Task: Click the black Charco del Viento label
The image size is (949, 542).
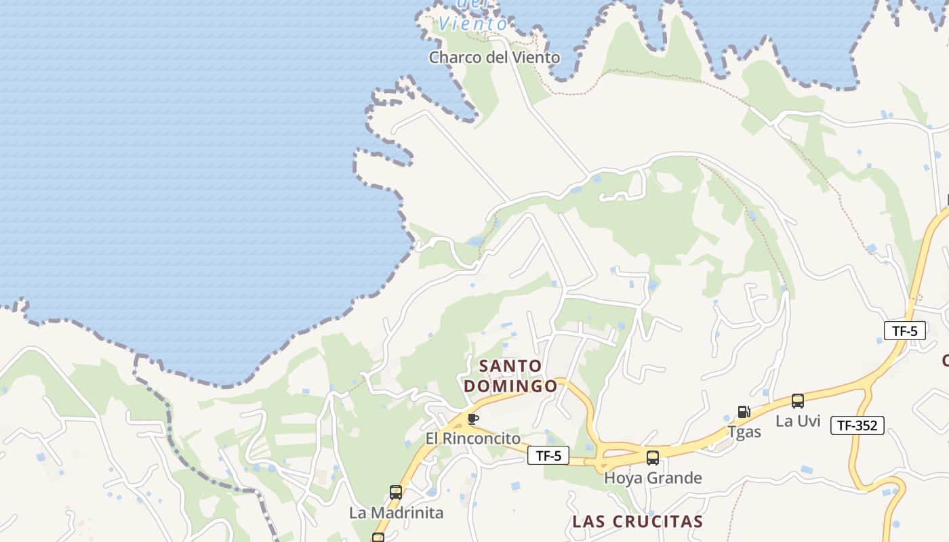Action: (x=494, y=58)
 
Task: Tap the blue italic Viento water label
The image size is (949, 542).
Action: (x=472, y=24)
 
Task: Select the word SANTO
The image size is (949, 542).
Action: (x=510, y=366)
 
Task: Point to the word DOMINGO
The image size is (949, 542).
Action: (x=510, y=386)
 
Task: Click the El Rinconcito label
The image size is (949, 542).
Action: (x=473, y=438)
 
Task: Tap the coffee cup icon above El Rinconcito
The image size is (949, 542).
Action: (x=472, y=419)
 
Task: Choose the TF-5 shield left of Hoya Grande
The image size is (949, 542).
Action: (x=548, y=455)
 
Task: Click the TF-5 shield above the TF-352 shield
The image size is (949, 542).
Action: (x=905, y=331)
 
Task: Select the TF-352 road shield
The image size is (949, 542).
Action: (x=857, y=425)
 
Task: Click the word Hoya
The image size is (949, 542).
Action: (x=622, y=478)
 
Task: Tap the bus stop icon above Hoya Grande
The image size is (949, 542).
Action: (x=652, y=458)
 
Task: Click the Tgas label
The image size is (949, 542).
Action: (x=744, y=432)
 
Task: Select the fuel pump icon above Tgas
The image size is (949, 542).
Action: (x=744, y=412)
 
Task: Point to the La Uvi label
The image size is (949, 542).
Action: (x=798, y=421)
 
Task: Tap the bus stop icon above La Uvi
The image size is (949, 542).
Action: (x=798, y=401)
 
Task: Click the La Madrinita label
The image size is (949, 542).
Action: (x=396, y=513)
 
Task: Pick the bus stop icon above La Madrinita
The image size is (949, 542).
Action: (x=396, y=493)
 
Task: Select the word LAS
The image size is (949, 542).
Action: (x=588, y=522)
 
